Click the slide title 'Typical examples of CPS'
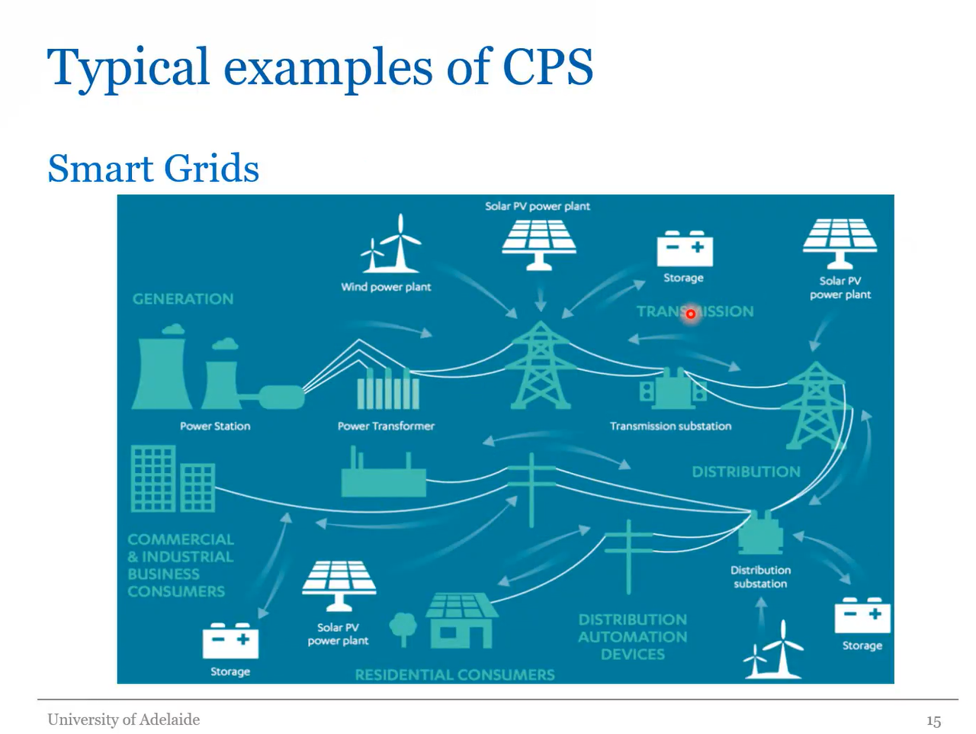click(x=319, y=67)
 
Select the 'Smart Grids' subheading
click(x=153, y=168)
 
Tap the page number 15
click(x=933, y=721)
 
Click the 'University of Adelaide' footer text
click(x=124, y=720)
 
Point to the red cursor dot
click(x=691, y=314)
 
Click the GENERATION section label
click(x=183, y=299)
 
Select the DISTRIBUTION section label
click(x=746, y=472)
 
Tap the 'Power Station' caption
click(x=215, y=426)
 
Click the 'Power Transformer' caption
click(x=386, y=426)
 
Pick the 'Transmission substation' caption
click(x=670, y=426)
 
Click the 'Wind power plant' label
click(x=386, y=287)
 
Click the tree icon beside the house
click(x=403, y=628)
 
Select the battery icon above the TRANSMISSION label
click(x=685, y=249)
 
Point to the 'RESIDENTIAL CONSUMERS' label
click(x=454, y=674)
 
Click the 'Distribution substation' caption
click(x=760, y=577)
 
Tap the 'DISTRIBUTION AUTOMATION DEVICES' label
click(x=632, y=636)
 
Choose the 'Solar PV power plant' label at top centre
click(x=538, y=206)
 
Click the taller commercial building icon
click(x=154, y=478)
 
